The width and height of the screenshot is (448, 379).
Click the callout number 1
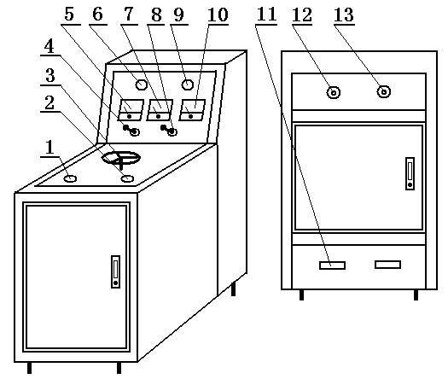(50, 148)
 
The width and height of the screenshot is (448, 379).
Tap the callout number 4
(49, 46)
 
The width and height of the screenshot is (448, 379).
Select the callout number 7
(129, 15)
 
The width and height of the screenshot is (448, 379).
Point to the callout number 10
(218, 15)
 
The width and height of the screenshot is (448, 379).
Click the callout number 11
(266, 15)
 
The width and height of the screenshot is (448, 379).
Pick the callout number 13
(344, 15)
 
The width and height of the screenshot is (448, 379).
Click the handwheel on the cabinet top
(121, 159)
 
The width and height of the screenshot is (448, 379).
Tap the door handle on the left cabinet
(115, 271)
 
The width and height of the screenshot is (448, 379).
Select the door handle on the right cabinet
(410, 173)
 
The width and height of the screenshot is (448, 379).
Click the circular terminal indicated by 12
(333, 92)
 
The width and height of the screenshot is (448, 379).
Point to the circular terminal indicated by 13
(383, 91)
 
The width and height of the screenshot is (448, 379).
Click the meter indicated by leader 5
(131, 110)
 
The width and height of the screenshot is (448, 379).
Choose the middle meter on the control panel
(160, 110)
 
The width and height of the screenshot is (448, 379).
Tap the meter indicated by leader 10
(192, 110)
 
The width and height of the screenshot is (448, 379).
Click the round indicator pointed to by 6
(141, 85)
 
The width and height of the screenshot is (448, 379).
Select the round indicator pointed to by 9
(188, 85)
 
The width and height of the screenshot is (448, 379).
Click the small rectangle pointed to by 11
(332, 265)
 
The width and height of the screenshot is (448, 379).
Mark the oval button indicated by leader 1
(70, 179)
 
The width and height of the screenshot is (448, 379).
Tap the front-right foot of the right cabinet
(416, 294)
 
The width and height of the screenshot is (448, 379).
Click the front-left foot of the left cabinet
(29, 368)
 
